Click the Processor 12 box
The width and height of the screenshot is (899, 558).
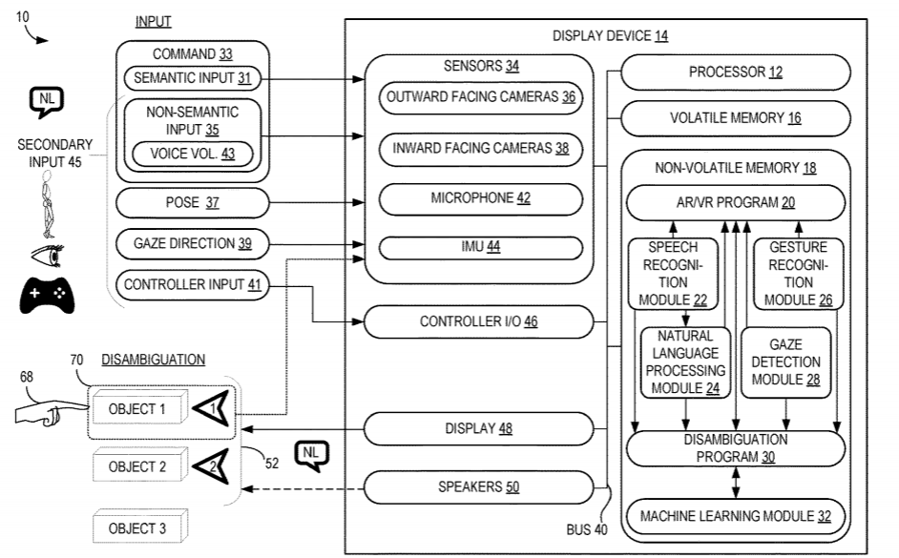[735, 72]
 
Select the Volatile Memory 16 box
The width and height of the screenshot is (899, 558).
[735, 118]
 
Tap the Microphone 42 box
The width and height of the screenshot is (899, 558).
[480, 198]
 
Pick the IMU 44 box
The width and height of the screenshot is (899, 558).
[480, 246]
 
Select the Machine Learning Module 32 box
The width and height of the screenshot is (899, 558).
[735, 516]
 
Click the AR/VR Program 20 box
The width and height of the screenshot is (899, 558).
[735, 202]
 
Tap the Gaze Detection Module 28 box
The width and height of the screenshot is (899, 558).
[785, 362]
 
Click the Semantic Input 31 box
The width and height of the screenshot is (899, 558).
[192, 78]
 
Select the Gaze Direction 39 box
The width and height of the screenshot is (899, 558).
[192, 244]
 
